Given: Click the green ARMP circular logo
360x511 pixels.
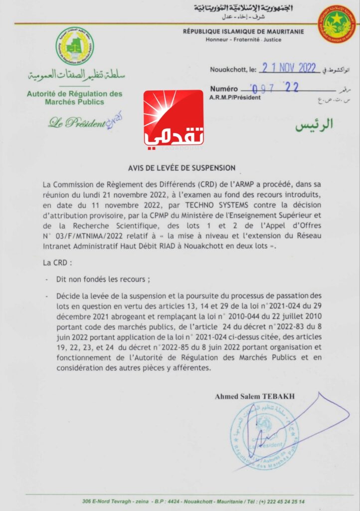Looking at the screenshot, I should coord(74,46).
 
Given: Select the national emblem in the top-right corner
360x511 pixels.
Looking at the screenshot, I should coord(337,24).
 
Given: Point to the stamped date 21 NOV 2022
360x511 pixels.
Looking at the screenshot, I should coord(285,69).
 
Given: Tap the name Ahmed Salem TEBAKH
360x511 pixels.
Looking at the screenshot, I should coord(255,397).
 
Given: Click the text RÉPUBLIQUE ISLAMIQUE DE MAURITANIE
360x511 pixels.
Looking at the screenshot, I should coord(243,31).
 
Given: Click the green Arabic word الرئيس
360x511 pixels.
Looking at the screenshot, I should coord(314,125).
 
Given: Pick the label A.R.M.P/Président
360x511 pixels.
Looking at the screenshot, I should coord(235,97).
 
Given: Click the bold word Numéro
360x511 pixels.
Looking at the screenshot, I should coord(224,89).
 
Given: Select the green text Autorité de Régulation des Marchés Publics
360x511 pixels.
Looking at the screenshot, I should coord(74,98).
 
